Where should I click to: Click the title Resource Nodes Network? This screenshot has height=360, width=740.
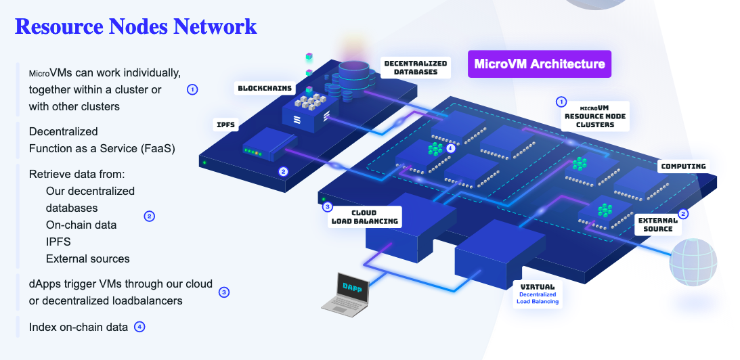pos(135,26)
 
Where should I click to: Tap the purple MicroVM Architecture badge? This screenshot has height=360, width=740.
pos(540,64)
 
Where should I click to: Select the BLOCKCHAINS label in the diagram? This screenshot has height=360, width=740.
pos(264,88)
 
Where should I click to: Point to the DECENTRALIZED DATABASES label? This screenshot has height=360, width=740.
pos(415,67)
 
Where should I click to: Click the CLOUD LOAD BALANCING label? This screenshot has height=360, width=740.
pos(364,217)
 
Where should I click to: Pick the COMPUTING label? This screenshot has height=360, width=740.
pos(683,166)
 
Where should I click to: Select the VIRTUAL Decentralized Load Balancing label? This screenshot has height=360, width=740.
pos(537,294)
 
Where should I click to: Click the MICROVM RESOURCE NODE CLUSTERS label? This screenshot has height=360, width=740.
pos(594,116)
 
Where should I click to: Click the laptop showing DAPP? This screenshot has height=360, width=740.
pos(348,292)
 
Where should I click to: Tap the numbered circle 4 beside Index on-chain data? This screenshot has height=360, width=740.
pos(139,327)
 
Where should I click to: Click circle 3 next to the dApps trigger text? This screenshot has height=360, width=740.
pos(224,292)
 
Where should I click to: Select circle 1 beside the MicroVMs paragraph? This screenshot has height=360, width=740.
pos(192,89)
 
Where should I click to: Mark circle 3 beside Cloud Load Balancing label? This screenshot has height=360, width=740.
pos(328,207)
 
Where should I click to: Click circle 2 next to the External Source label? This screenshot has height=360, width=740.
pos(683,214)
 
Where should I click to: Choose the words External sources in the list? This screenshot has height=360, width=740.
pos(87,258)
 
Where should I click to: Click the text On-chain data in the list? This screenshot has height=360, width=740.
pos(81,225)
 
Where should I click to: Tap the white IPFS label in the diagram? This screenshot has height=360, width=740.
pos(225,125)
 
